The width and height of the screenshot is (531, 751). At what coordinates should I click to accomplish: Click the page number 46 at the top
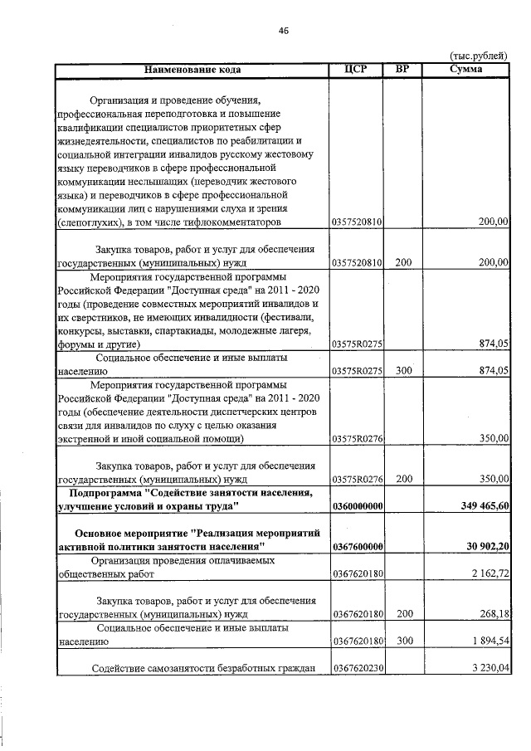[x=284, y=31]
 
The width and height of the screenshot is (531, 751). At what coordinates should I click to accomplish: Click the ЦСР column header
[x=356, y=69]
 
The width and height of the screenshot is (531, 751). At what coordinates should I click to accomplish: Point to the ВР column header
[x=402, y=69]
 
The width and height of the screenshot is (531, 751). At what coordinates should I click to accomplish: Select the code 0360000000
[x=357, y=505]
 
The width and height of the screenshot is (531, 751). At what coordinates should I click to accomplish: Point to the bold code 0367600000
[x=357, y=545]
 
